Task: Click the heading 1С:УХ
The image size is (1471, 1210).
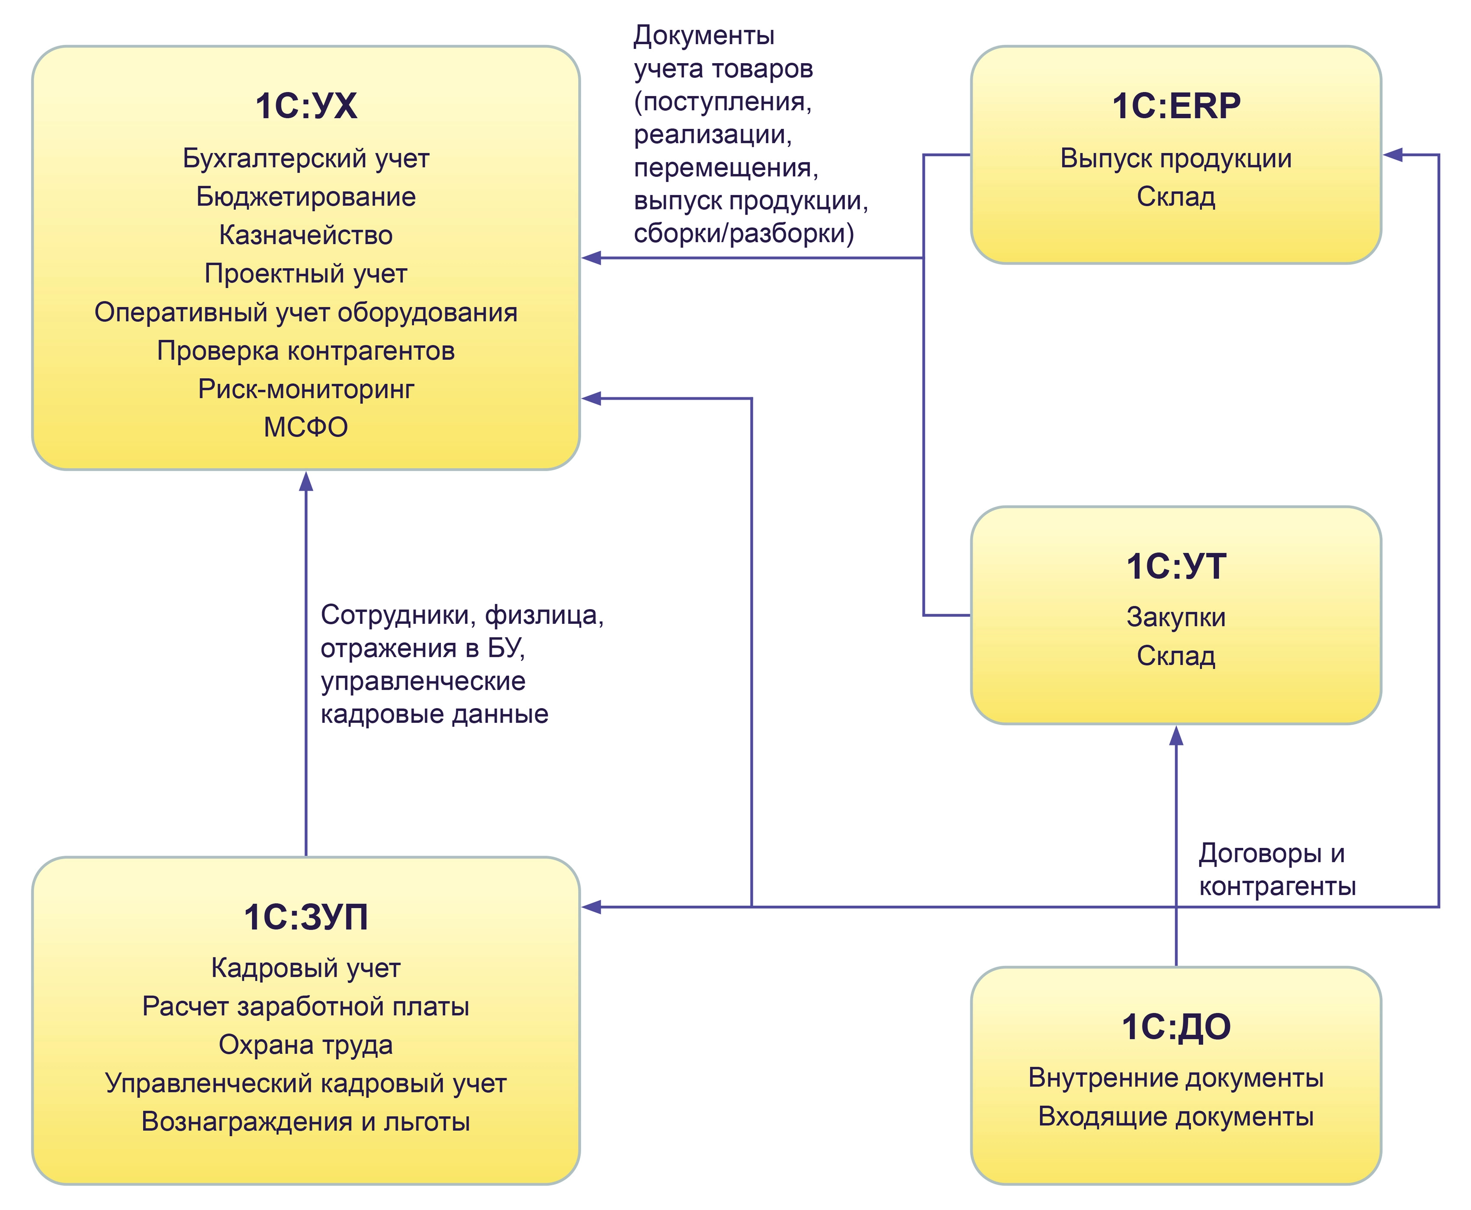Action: point(305,107)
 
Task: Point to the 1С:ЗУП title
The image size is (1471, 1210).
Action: point(305,917)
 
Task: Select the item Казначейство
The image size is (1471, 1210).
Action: point(305,236)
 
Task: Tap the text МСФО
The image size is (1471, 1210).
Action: point(305,427)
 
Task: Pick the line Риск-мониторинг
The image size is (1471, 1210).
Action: point(305,389)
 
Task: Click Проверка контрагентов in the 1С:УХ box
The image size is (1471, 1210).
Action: point(305,350)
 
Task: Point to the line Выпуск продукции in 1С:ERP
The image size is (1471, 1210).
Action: point(1176,159)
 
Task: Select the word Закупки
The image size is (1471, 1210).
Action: point(1176,618)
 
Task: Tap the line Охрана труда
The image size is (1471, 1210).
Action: point(305,1045)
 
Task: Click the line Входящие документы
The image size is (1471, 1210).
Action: point(1176,1117)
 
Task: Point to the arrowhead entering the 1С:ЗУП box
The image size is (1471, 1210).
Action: point(591,907)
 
